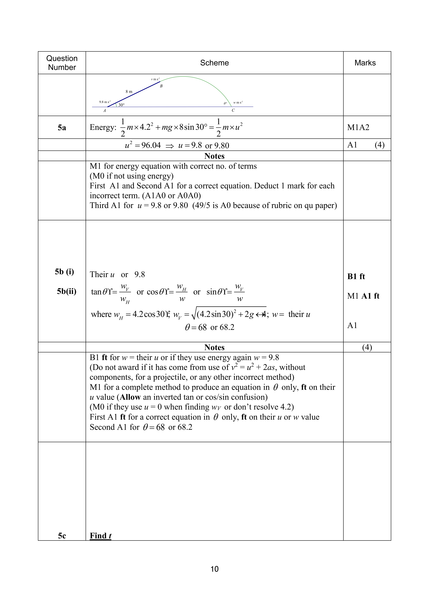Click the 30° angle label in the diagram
[121, 105]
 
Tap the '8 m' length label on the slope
[129, 92]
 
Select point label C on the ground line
[233, 110]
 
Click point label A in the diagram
[104, 111]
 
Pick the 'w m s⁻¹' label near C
[238, 103]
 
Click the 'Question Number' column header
[62, 63]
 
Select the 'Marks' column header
[365, 63]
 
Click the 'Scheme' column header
[214, 63]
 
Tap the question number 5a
[62, 128]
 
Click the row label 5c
[62, 536]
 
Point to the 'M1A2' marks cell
[358, 128]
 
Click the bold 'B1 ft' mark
[356, 277]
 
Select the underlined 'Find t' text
[100, 536]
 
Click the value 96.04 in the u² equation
[151, 145]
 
